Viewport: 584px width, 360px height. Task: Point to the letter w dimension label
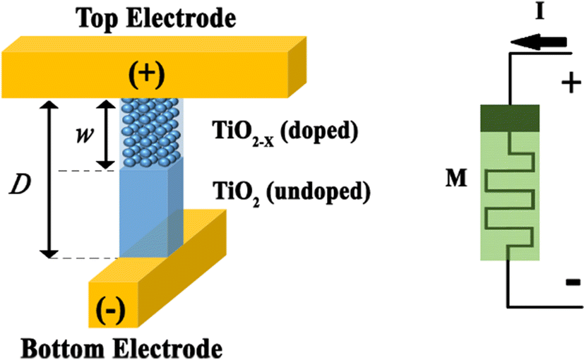pyautogui.click(x=82, y=134)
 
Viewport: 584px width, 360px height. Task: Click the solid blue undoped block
pyautogui.click(x=145, y=212)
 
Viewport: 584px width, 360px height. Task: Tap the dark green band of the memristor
pyautogui.click(x=510, y=117)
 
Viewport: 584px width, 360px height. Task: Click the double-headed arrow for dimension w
pyautogui.click(x=106, y=134)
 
